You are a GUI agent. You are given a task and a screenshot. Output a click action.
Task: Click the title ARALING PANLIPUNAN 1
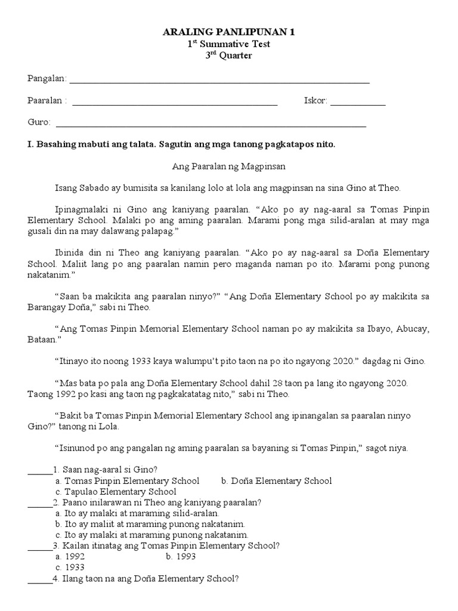228,33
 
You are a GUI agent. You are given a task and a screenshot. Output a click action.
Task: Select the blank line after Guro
210,125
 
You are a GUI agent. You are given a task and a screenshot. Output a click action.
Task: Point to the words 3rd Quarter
228,55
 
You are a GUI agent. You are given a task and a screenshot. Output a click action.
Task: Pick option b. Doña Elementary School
276,481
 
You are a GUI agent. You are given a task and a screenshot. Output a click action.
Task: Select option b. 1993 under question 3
181,557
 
